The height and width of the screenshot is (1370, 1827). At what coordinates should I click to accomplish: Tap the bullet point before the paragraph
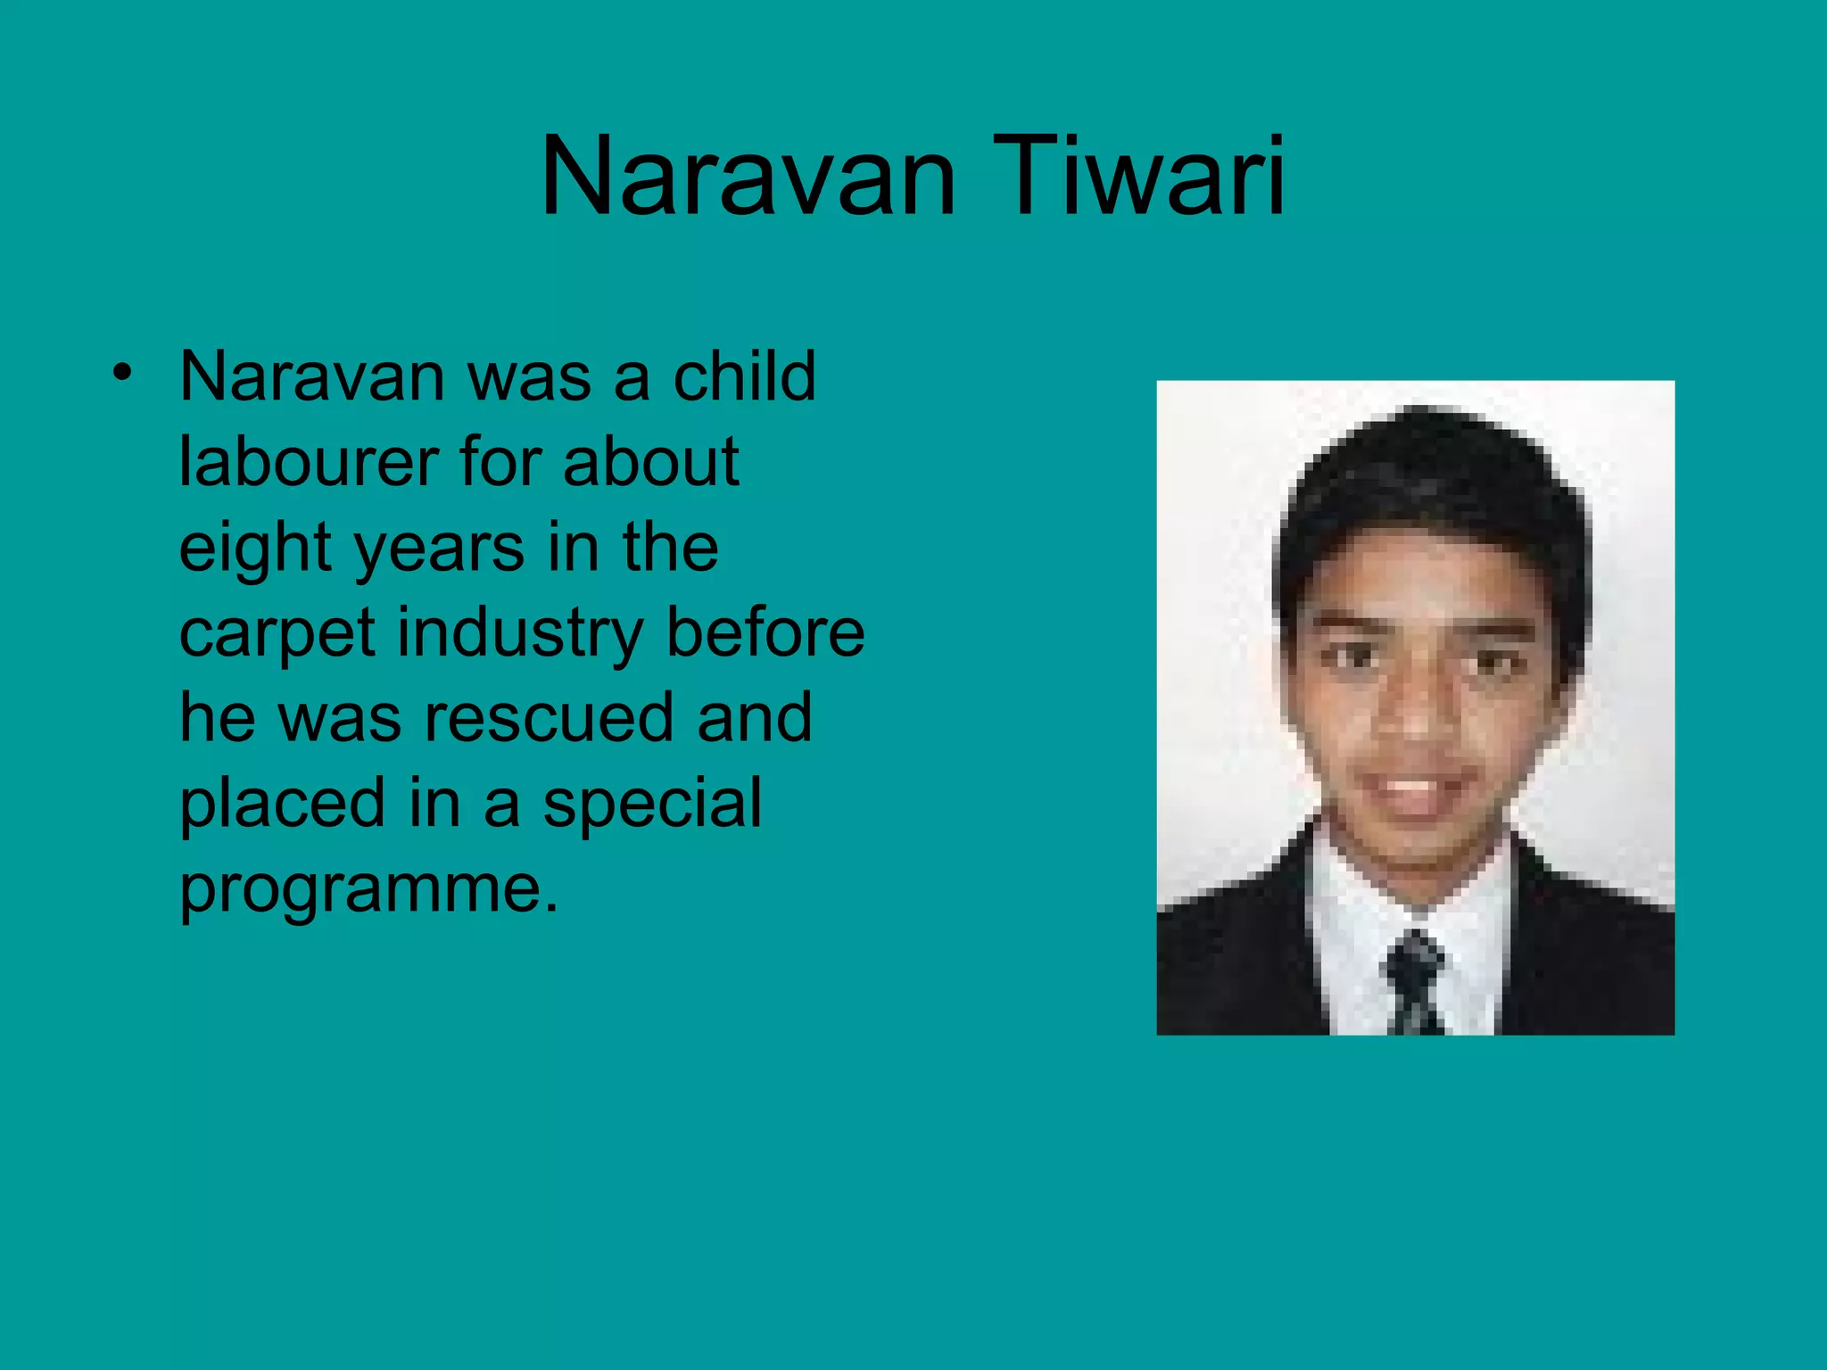tap(122, 372)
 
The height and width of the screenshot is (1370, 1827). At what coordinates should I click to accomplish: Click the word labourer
tap(307, 462)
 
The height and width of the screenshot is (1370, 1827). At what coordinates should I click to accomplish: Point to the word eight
tap(255, 549)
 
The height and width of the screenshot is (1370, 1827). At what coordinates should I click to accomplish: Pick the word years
tap(440, 549)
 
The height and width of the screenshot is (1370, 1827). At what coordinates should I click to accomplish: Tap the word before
tap(765, 632)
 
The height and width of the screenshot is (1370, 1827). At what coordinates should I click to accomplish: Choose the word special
tap(652, 804)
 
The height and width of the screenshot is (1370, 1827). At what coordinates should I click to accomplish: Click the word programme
tap(368, 889)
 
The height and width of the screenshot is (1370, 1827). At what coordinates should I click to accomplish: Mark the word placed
tap(283, 804)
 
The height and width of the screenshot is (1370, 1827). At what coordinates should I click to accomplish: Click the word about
tap(650, 462)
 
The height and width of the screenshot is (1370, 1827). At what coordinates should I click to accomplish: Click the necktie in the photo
tap(1415, 981)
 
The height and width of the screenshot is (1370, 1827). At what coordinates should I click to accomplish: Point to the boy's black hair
tap(1427, 482)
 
